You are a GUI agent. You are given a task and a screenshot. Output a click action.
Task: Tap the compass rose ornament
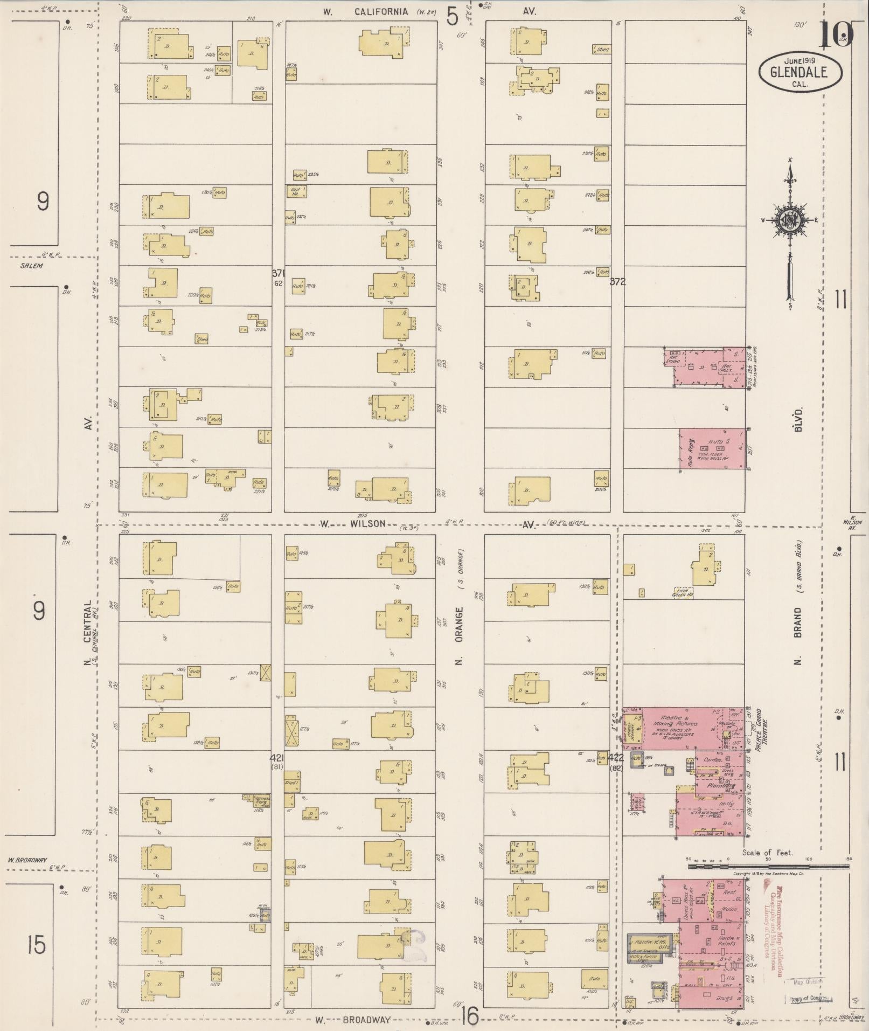coord(789,220)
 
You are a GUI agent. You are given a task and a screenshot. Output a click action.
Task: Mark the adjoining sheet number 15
coord(37,945)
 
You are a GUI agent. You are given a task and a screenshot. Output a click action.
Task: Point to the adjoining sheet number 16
coord(469,1017)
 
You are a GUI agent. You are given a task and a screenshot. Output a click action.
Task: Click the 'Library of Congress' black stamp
coord(810,998)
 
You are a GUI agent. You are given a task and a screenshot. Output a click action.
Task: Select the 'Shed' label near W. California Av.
coord(602,50)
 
